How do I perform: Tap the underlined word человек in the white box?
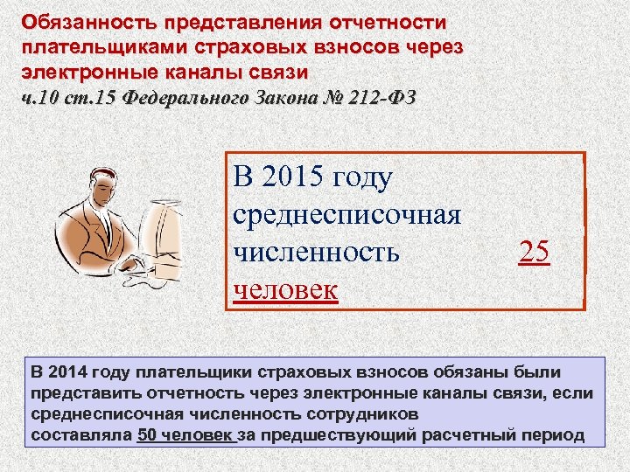tap(285, 289)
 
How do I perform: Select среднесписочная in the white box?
tap(347, 214)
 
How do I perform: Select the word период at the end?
tap(551, 434)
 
